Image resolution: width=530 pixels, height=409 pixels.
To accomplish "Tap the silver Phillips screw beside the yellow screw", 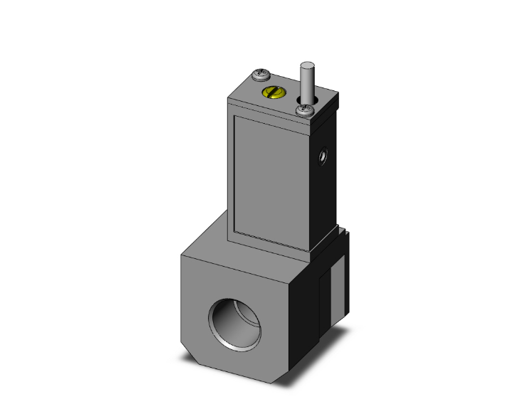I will click(261, 74).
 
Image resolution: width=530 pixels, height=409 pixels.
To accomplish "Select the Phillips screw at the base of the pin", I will click(306, 110).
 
